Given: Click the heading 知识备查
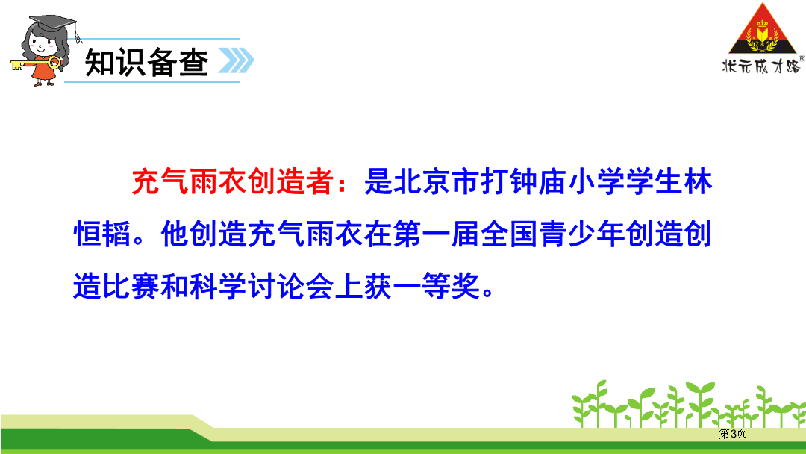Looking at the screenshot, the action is [147, 62].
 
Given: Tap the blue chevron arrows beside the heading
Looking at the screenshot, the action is [237, 60].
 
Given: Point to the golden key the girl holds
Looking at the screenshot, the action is [35, 64].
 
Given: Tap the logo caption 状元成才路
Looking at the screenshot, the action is [761, 66].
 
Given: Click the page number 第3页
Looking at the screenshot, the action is [733, 433].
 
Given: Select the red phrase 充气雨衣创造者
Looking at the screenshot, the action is [232, 181].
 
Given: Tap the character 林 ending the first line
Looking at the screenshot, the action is [698, 181].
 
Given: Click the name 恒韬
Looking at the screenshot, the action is [102, 234].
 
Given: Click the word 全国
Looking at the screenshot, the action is [509, 234].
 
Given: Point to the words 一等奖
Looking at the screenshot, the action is [437, 287].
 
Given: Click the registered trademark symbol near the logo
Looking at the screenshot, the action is [802, 58].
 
